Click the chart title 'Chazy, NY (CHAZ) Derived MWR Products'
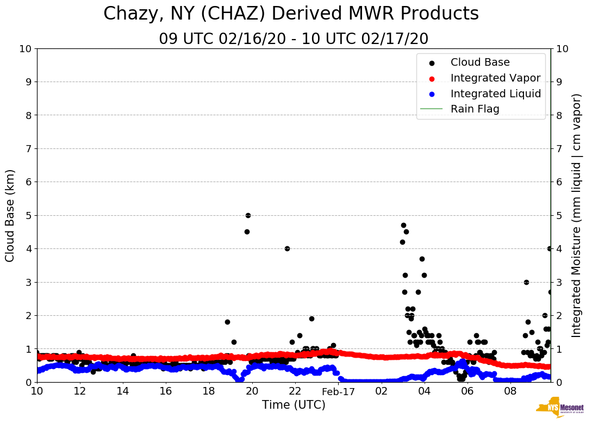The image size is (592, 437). [291, 14]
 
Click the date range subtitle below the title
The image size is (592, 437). [294, 39]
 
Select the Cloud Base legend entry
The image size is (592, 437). [480, 63]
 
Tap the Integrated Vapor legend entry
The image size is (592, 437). [495, 78]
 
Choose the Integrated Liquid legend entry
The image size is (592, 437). [496, 93]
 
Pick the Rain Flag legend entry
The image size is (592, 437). [475, 109]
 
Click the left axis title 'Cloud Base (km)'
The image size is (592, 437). [10, 215]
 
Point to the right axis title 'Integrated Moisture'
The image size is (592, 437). [577, 215]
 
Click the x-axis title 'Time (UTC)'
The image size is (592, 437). [294, 405]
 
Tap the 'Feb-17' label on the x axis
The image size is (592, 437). [338, 391]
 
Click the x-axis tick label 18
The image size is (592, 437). [209, 391]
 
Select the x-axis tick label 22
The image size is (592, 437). [295, 391]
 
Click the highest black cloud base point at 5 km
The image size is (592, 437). [248, 215]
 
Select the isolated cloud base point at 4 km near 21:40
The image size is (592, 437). [287, 248]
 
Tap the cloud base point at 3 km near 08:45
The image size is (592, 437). [526, 282]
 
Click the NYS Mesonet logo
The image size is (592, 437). [559, 409]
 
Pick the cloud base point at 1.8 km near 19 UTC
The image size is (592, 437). [227, 322]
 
